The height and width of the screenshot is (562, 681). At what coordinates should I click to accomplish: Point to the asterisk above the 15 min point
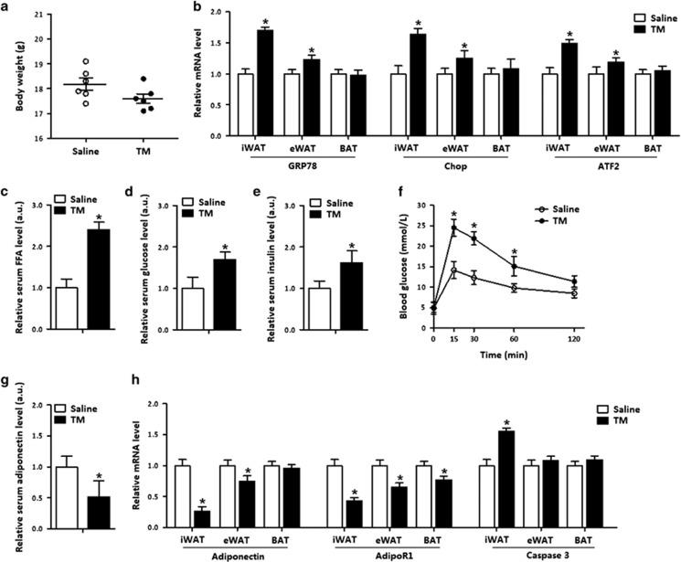click(x=454, y=217)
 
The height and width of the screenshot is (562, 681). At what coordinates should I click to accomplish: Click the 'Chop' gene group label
click(x=455, y=165)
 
